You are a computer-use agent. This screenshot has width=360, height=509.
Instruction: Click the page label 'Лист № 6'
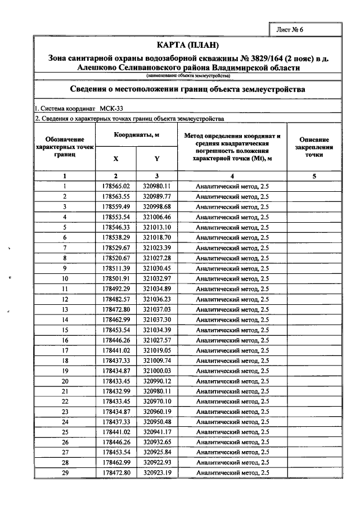290,30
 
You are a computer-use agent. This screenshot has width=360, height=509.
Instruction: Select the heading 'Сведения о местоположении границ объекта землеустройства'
187,89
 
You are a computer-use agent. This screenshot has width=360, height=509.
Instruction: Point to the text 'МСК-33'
112,109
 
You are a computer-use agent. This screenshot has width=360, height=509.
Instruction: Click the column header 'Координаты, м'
137,135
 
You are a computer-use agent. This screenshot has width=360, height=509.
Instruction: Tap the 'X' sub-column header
116,159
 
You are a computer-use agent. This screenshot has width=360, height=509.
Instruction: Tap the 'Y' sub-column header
156,159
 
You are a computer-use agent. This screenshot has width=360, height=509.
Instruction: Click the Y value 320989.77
156,196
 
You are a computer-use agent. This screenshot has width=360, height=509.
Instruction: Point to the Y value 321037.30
156,319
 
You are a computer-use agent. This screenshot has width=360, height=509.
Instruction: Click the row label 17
65,350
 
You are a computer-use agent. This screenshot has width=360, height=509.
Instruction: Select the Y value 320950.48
156,422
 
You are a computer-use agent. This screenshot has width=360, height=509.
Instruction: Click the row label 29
65,473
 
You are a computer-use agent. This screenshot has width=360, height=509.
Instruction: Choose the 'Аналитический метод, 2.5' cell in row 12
232,299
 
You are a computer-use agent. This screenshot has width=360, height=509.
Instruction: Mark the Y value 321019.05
156,350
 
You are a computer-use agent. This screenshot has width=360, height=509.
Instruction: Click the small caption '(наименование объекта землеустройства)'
187,75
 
